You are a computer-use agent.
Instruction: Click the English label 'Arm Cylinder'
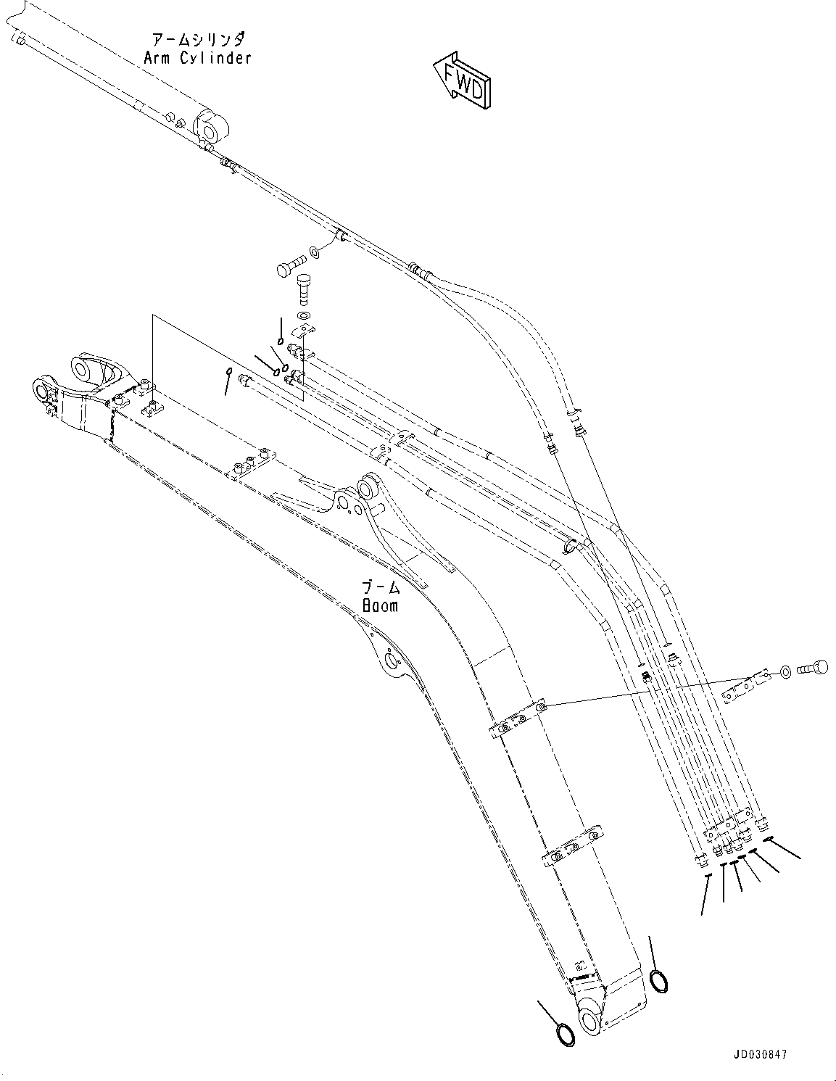point(196,58)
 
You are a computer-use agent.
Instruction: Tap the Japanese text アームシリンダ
point(198,38)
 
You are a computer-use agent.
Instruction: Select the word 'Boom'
point(381,605)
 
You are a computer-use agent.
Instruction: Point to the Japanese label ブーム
point(381,587)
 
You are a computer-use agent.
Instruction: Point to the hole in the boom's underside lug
point(392,660)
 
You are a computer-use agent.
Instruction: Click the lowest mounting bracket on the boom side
point(573,848)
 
